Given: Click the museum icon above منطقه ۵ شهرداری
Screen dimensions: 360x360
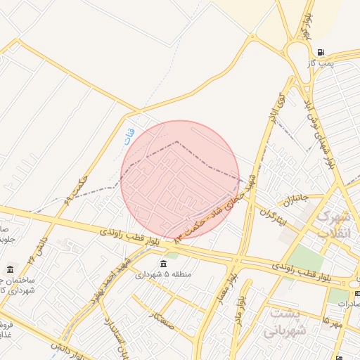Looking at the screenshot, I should (163, 264).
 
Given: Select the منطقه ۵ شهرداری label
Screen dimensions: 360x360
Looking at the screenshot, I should (163, 274).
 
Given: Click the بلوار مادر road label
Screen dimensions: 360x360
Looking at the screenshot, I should (243, 307).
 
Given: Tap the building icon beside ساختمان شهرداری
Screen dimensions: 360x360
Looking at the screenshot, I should (11, 270).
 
